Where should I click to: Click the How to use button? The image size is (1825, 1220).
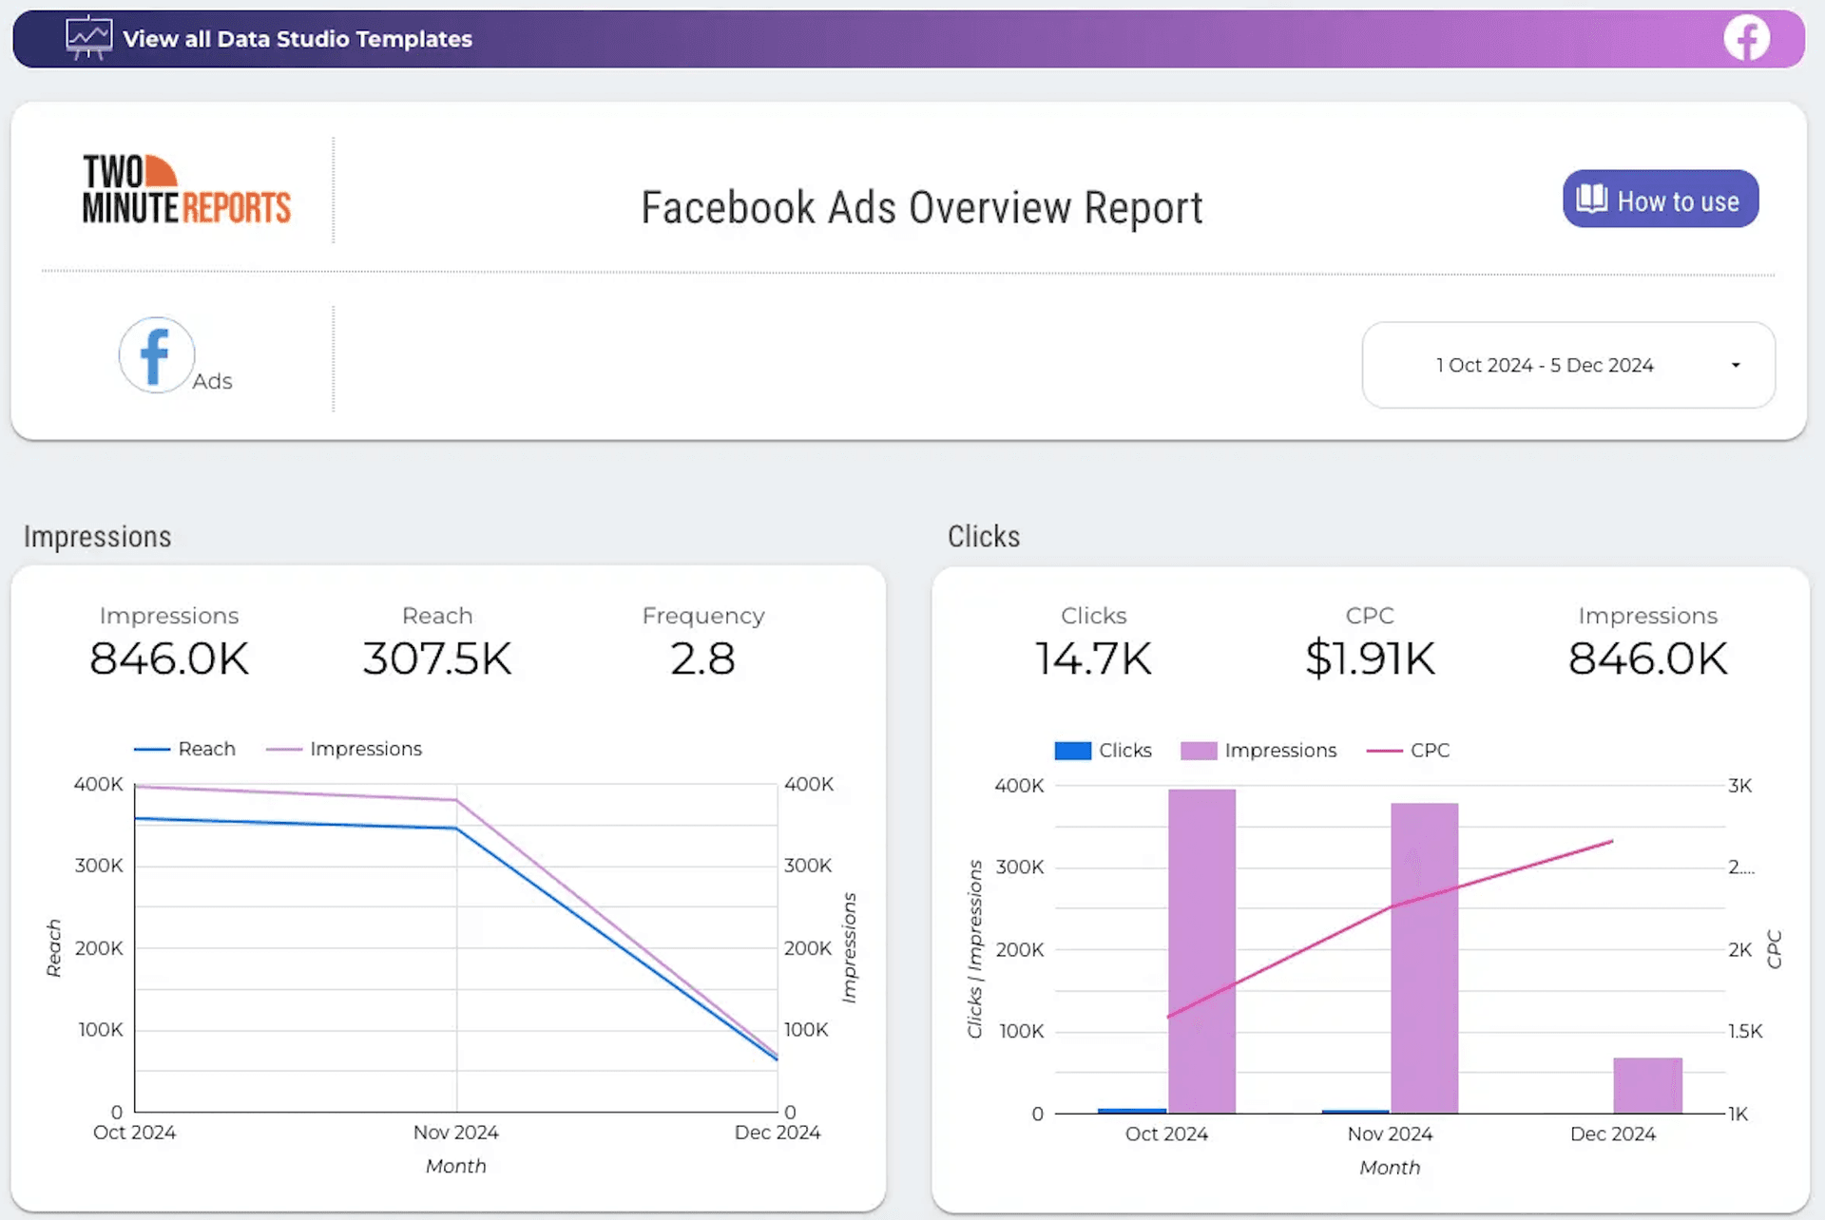pyautogui.click(x=1660, y=200)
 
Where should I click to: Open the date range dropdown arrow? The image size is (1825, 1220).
pyautogui.click(x=1736, y=366)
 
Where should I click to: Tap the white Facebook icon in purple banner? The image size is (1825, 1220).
pyautogui.click(x=1746, y=39)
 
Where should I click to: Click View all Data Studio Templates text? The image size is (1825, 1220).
pyautogui.click(x=297, y=39)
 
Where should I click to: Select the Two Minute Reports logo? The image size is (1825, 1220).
pyautogui.click(x=186, y=190)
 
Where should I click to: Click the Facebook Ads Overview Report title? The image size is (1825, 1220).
pyautogui.click(x=921, y=208)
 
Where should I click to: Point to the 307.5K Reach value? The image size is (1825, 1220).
pyautogui.click(x=437, y=658)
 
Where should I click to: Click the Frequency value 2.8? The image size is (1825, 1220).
pyautogui.click(x=702, y=658)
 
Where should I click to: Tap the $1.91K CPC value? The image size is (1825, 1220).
pyautogui.click(x=1370, y=658)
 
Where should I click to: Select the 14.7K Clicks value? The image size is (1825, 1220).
pyautogui.click(x=1093, y=658)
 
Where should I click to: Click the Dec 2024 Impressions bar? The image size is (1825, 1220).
pyautogui.click(x=1647, y=1085)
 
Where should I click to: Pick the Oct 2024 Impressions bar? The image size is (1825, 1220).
pyautogui.click(x=1201, y=950)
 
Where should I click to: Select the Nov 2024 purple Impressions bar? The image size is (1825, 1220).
pyautogui.click(x=1424, y=958)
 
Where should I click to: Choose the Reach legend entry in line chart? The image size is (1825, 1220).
pyautogui.click(x=185, y=749)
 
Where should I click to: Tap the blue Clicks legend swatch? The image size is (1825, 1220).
pyautogui.click(x=1072, y=751)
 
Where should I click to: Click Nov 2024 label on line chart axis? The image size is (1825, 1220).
pyautogui.click(x=455, y=1133)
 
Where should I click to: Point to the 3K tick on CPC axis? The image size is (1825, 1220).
pyautogui.click(x=1739, y=786)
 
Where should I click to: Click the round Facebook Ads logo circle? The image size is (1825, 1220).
pyautogui.click(x=157, y=355)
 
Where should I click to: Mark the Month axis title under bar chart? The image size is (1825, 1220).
pyautogui.click(x=1389, y=1168)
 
